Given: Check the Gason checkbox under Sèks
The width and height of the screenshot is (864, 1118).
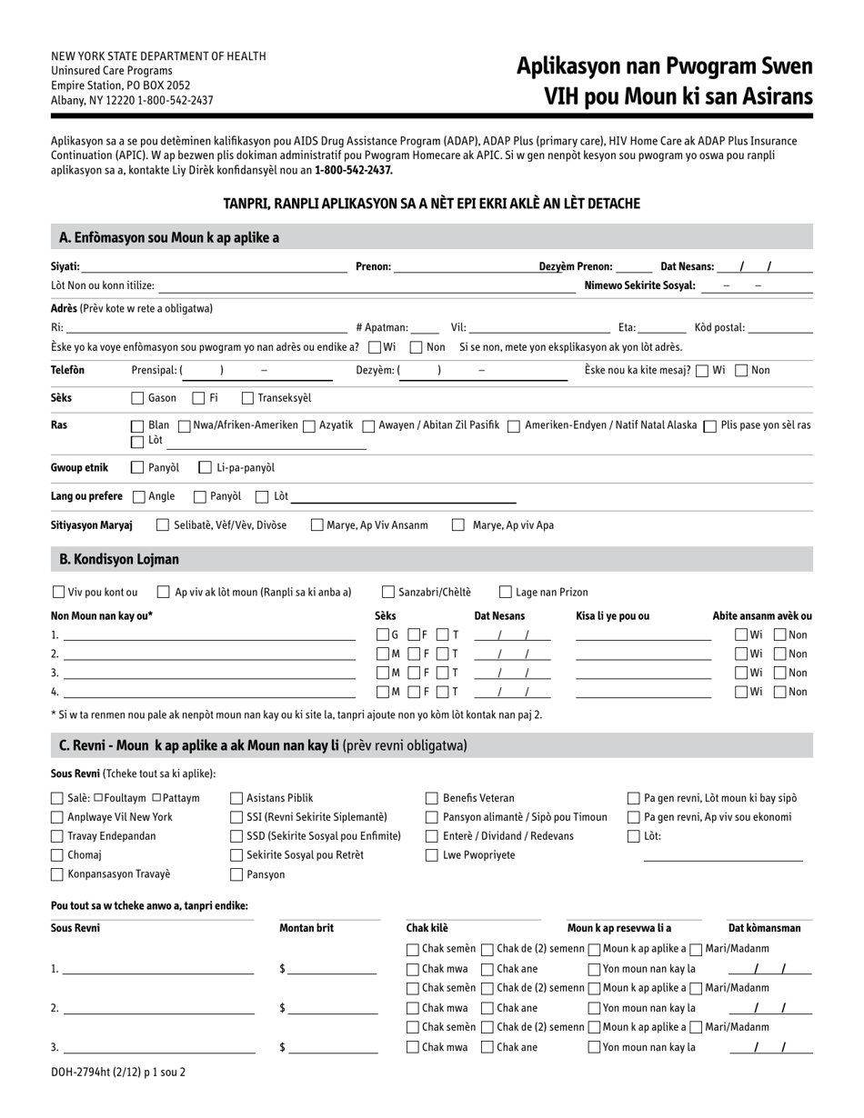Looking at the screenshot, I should point(137,397).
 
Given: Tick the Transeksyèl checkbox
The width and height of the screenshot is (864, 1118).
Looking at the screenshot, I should point(247,397).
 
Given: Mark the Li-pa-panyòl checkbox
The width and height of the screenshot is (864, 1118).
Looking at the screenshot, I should point(205,467).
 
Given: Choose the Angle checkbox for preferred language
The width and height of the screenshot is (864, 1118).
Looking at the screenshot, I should point(138,496).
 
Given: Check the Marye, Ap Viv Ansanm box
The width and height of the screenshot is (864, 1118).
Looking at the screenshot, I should point(316,524).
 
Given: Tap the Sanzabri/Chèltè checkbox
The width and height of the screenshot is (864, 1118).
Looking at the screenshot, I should point(388,592).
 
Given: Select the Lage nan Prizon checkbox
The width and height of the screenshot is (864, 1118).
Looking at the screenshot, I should point(506,592).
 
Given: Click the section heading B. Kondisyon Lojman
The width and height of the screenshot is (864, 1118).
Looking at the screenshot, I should point(119,559).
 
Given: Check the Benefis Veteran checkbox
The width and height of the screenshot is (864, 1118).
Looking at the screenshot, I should point(432,798).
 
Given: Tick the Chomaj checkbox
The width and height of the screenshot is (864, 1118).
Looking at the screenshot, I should point(57,855).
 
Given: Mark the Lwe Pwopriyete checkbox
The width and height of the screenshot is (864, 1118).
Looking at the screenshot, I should point(432,855).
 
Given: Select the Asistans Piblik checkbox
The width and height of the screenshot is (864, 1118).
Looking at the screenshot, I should point(236,798).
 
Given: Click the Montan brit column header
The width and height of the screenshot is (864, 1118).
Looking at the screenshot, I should point(306,928).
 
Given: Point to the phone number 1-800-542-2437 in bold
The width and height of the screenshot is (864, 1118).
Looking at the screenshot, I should point(354,170).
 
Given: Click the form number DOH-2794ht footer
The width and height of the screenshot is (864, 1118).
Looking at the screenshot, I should point(118,1072).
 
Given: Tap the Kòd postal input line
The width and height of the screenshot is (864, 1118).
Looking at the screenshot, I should point(779,327).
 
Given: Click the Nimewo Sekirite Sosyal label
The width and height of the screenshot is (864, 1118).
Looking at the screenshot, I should point(639,285).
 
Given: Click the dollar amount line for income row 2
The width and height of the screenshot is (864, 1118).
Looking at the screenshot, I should point(332,1008).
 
